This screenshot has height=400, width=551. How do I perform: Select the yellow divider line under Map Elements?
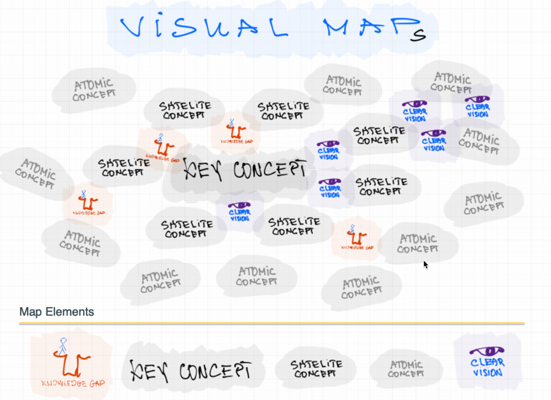[271, 323]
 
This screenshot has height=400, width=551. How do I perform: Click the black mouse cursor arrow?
[426, 265]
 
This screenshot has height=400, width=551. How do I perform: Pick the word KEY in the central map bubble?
[201, 170]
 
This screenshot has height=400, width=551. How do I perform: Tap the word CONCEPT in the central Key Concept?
[266, 170]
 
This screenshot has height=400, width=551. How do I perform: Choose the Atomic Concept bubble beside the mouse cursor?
[418, 244]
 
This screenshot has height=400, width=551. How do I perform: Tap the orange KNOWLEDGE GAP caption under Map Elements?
[73, 383]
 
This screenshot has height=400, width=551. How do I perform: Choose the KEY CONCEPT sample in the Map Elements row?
[191, 370]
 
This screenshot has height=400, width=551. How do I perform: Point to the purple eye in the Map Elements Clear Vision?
[487, 351]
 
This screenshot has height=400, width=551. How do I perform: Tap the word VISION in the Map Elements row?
[487, 372]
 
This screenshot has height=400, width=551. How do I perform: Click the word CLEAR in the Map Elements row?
[487, 362]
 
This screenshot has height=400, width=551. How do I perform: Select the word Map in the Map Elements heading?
[31, 312]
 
